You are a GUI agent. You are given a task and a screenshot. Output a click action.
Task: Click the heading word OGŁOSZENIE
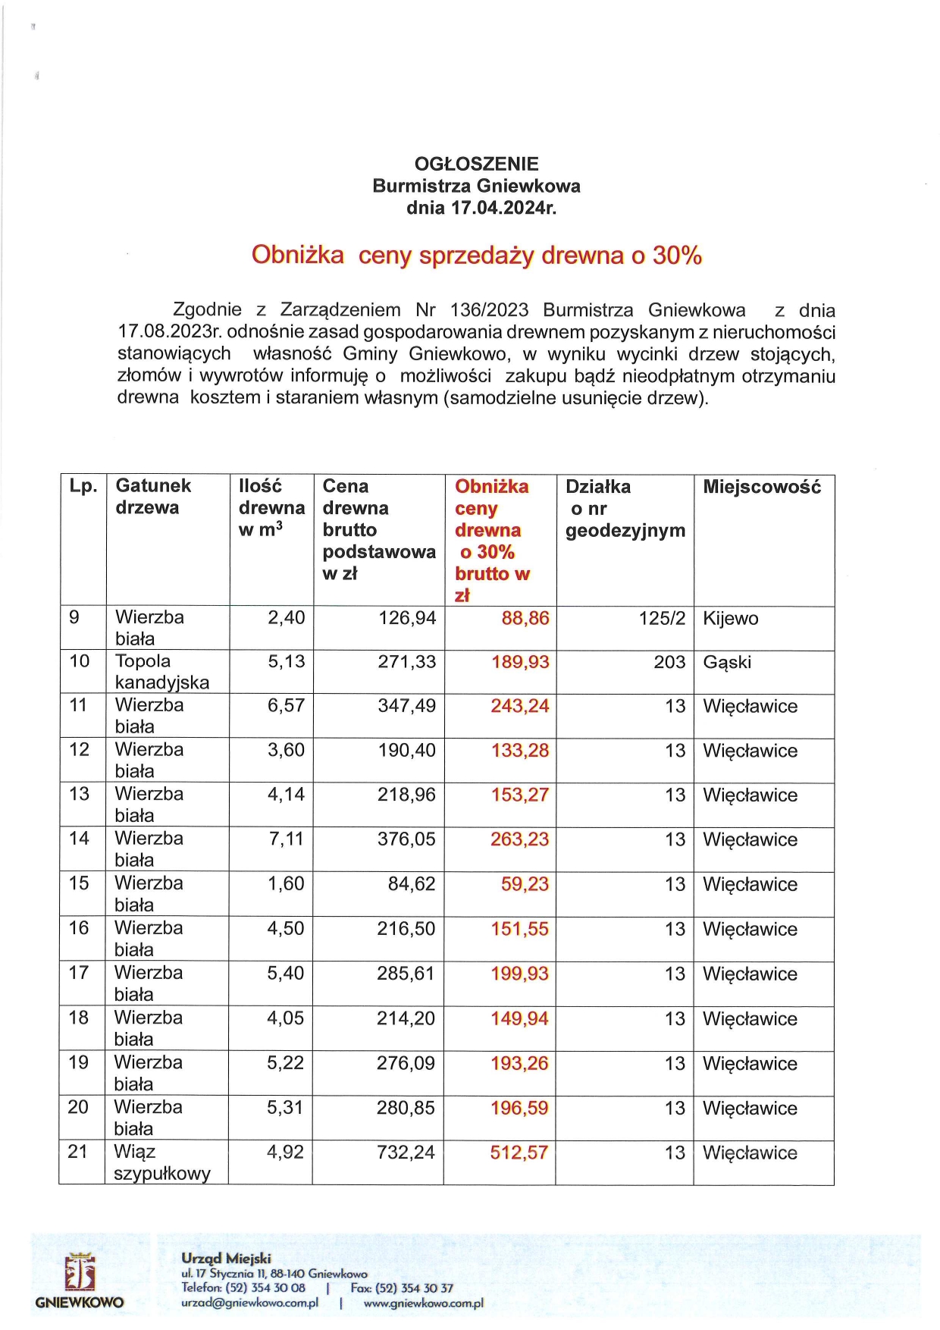click(x=476, y=164)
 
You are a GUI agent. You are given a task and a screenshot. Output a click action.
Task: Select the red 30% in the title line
click(x=677, y=256)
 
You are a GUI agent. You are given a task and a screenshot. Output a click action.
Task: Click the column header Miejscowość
click(x=762, y=487)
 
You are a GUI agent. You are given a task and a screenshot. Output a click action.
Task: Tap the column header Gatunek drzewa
click(x=153, y=497)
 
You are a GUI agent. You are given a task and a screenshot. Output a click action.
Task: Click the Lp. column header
click(x=83, y=486)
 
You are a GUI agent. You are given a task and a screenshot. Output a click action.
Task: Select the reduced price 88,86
click(x=525, y=618)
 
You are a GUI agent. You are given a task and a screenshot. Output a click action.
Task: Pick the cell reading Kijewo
click(x=731, y=619)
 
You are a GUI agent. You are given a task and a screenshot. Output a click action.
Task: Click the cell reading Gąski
click(x=727, y=662)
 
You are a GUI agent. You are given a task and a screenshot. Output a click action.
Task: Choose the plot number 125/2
click(x=662, y=618)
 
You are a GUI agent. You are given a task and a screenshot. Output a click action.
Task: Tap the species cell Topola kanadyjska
click(x=161, y=672)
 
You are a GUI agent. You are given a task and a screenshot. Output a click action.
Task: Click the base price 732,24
click(x=406, y=1153)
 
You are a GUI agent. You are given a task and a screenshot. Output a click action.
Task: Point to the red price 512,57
click(x=519, y=1153)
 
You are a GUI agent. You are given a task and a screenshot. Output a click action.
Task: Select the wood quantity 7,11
click(x=287, y=839)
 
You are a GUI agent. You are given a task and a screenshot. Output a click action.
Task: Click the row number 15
click(x=79, y=883)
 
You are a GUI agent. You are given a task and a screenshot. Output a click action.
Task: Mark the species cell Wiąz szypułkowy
click(x=161, y=1163)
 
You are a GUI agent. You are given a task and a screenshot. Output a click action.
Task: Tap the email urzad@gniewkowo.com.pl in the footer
click(x=249, y=1303)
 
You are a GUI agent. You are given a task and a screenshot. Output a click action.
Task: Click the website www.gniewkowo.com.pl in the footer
click(x=423, y=1303)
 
